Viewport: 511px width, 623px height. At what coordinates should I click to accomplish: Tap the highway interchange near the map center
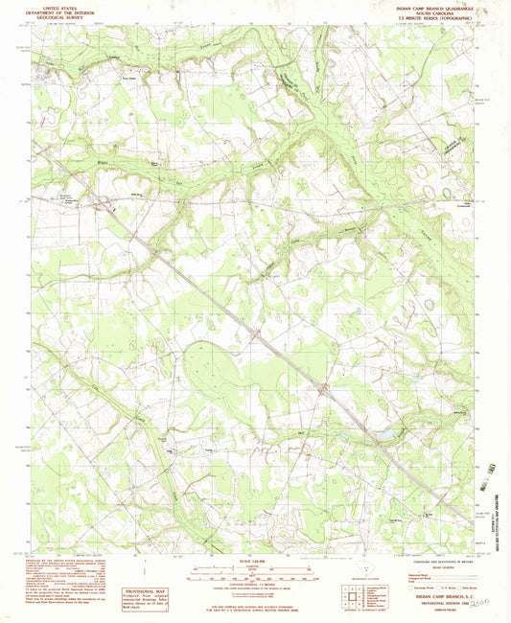pos(324,388)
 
